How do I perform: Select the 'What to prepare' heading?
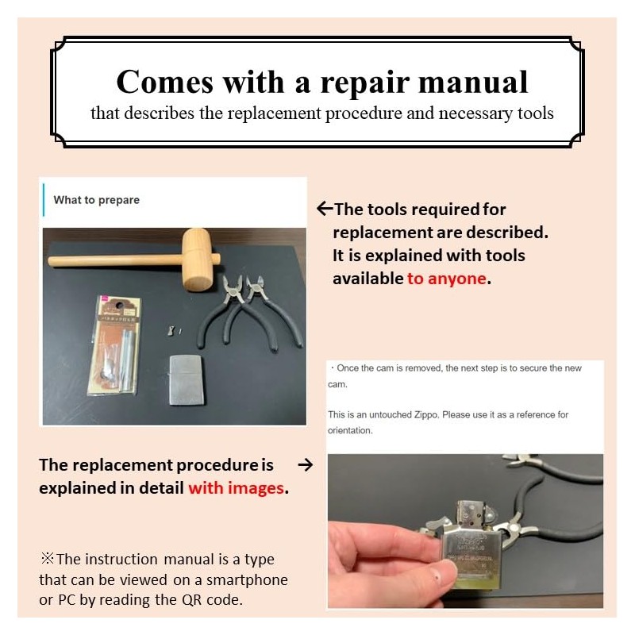click(96, 200)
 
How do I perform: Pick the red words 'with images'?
click(236, 487)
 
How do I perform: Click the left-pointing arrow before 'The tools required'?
click(325, 210)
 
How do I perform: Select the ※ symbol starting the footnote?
click(47, 559)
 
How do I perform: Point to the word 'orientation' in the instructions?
click(350, 430)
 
